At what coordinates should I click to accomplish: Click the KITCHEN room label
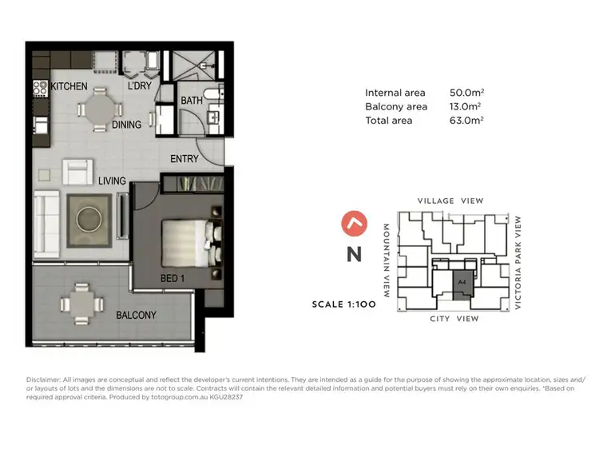tap(69, 86)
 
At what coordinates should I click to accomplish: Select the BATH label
tap(192, 101)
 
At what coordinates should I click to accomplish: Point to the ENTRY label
tap(184, 159)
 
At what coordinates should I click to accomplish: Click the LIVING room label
tap(113, 181)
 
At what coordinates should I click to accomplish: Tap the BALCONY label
tap(136, 315)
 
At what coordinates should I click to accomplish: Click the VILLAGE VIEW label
tap(450, 201)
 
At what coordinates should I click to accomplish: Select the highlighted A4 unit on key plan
tap(462, 284)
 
